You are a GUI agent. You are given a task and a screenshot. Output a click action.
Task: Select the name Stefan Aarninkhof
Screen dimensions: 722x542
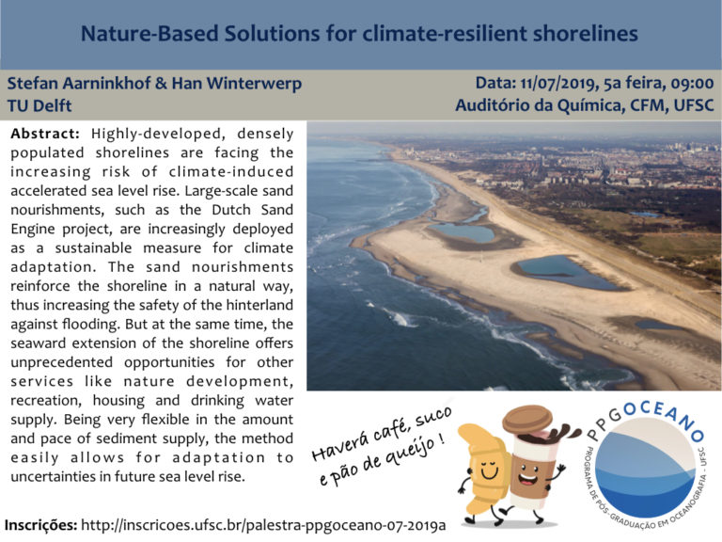click(x=79, y=84)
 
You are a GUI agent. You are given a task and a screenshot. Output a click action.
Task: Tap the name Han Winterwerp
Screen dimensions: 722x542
click(x=237, y=84)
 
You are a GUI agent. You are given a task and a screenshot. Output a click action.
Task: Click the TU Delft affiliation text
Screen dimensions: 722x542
click(x=39, y=105)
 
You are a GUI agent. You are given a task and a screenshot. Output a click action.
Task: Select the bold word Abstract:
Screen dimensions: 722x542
click(x=45, y=134)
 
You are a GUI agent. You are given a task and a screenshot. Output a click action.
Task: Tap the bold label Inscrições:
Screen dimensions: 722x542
click(x=40, y=525)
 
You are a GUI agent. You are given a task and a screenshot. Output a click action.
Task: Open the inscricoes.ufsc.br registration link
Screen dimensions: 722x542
click(x=263, y=525)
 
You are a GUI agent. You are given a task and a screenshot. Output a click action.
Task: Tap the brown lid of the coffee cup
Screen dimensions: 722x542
click(x=527, y=419)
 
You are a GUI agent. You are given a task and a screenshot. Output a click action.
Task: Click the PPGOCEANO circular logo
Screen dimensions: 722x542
click(x=645, y=465)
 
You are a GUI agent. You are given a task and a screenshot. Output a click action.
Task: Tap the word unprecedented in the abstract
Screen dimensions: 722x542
click(x=62, y=362)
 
